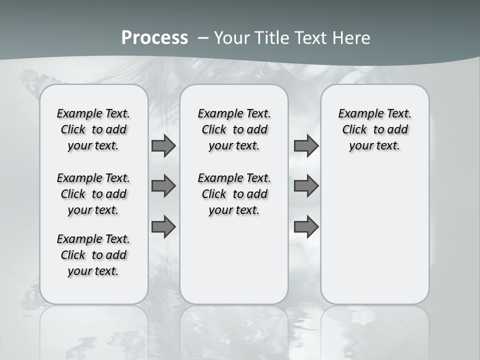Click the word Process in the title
154,38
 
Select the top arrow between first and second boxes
163,146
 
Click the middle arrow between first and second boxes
163,186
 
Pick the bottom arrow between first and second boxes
163,227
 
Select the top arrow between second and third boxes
306,146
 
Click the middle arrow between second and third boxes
306,186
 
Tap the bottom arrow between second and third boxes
306,227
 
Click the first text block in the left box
93,129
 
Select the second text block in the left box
93,194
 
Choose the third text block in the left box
93,255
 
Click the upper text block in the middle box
234,129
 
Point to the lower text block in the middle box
234,194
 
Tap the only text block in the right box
375,129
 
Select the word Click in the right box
354,130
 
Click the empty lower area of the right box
375,235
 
